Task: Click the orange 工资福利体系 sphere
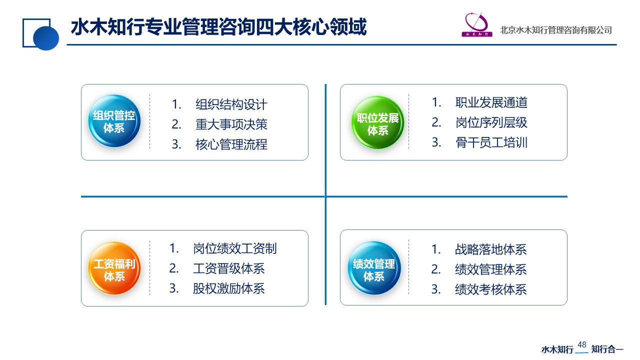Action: (114, 268)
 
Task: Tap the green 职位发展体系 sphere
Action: (377, 122)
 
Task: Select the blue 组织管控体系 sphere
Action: (114, 121)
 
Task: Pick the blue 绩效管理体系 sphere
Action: (374, 268)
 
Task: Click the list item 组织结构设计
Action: (231, 104)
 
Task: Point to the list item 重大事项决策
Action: (231, 124)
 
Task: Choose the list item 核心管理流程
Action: (231, 144)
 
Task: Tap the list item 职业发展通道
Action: (491, 102)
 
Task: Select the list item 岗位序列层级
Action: (491, 122)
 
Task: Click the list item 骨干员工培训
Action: (491, 142)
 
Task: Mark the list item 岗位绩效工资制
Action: (235, 248)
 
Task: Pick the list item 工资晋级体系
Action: (229, 268)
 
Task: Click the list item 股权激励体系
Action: (229, 288)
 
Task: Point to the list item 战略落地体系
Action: (491, 249)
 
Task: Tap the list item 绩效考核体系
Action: (491, 289)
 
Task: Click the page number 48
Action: (581, 344)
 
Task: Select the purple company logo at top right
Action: (477, 24)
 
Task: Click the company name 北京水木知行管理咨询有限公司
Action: (555, 30)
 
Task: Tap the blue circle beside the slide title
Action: (46, 38)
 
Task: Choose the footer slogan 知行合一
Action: (607, 349)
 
